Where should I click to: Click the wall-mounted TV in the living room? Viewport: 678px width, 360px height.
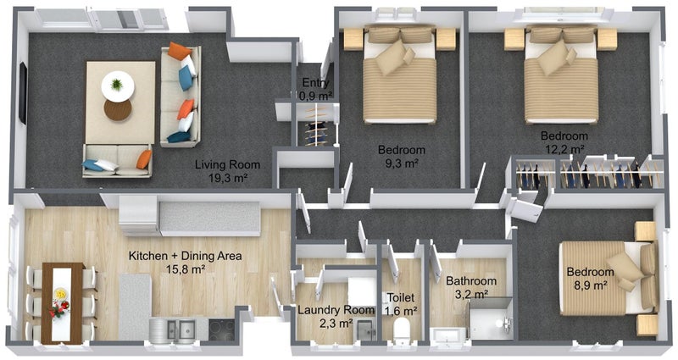tap(23, 93)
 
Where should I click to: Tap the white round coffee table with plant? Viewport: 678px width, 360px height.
tap(118, 86)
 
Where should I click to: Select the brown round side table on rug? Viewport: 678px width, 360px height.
tap(118, 110)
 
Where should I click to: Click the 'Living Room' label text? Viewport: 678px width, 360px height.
tap(227, 164)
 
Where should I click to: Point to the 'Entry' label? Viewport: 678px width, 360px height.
tap(315, 82)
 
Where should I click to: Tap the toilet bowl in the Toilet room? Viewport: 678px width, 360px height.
tap(402, 330)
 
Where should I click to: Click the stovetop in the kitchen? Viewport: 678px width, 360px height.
tap(222, 330)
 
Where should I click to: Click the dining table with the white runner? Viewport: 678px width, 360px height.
tap(62, 303)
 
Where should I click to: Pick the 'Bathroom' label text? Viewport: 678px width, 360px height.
tap(471, 281)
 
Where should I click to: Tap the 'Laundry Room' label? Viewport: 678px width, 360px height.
tap(336, 310)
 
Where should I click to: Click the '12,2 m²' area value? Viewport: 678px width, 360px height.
tap(564, 149)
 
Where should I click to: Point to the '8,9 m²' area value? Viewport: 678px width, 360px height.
tap(590, 285)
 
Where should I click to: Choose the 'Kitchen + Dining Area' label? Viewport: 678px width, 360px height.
tap(185, 256)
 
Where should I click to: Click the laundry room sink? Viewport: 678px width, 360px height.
tap(366, 330)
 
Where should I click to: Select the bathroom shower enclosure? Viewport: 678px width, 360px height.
tap(491, 319)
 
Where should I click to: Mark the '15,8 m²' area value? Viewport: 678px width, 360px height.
tap(186, 269)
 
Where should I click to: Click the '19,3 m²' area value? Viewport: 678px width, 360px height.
tap(227, 178)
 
